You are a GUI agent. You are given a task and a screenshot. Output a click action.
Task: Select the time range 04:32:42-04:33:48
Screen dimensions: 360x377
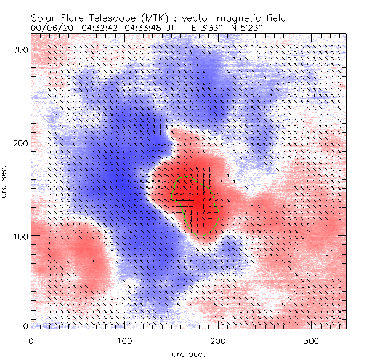coord(128,28)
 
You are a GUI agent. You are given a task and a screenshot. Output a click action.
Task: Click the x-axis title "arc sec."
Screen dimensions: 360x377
coord(188,353)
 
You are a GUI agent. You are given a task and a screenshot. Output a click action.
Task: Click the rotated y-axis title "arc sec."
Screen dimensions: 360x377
coord(6,182)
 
